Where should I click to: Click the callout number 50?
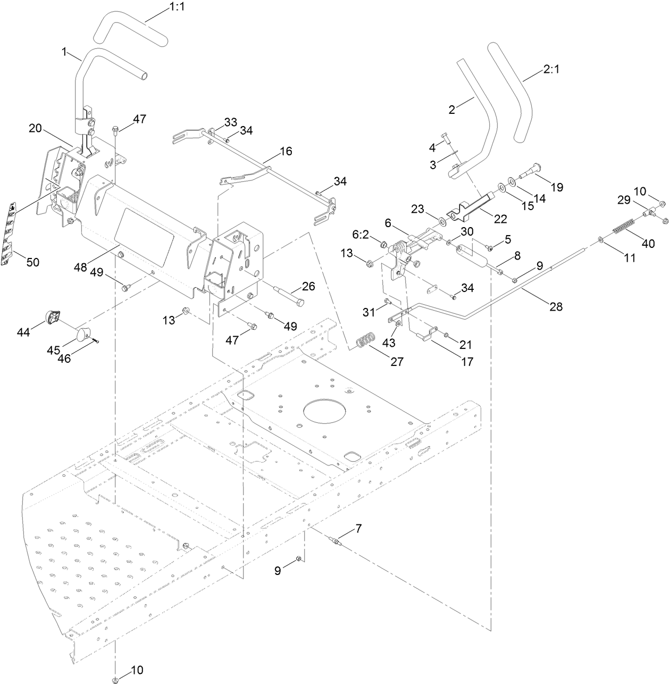(x=33, y=262)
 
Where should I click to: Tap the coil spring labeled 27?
(x=365, y=340)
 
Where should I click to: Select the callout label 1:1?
(x=163, y=9)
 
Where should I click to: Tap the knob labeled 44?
(x=52, y=318)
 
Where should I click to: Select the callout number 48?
(x=80, y=268)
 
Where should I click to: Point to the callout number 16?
(x=286, y=151)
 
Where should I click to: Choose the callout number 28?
(x=556, y=306)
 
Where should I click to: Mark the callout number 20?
(x=35, y=128)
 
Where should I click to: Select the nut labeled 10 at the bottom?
(x=116, y=679)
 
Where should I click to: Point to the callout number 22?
(x=500, y=219)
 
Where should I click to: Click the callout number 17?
(x=466, y=362)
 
